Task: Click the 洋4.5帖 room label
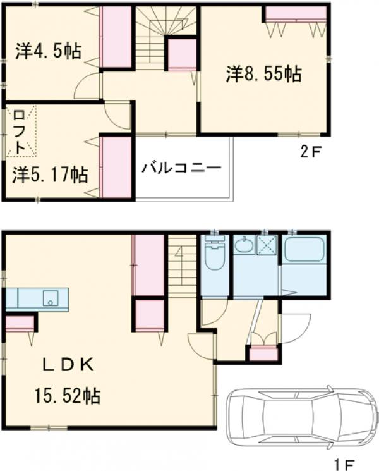[48, 51]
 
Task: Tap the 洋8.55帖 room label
[263, 74]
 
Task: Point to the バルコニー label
[181, 168]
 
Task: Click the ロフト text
[19, 132]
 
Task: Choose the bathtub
[304, 253]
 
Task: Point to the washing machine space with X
[267, 245]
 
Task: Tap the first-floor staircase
[182, 266]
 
